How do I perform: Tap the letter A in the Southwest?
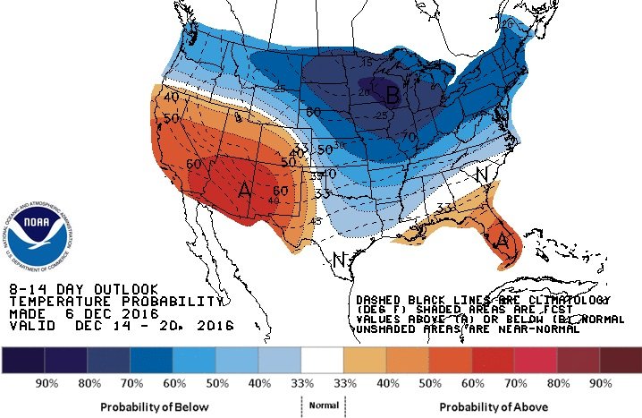coord(245,191)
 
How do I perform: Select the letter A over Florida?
coord(503,243)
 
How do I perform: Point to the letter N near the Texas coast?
coord(339,261)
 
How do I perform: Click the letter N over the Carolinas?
coord(481,175)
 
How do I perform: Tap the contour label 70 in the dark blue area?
coord(410,136)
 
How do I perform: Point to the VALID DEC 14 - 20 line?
coord(120,328)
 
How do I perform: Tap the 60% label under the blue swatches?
coord(174,383)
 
